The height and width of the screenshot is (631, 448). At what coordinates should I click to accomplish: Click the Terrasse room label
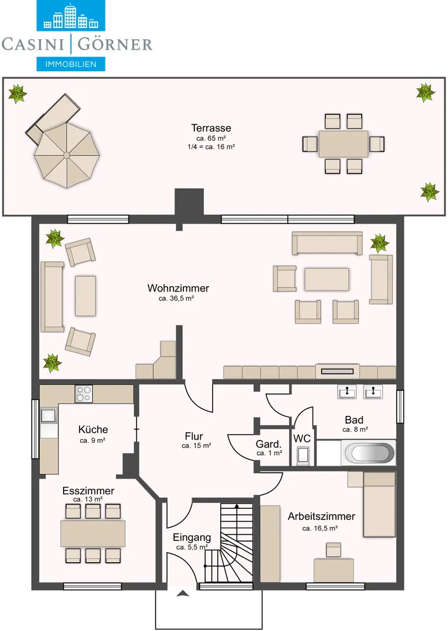click(211, 128)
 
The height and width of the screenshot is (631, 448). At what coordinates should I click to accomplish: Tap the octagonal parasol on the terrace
click(67, 155)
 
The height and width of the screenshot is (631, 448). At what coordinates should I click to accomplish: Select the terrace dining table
click(343, 144)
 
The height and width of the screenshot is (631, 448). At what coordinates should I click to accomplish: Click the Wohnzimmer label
click(178, 288)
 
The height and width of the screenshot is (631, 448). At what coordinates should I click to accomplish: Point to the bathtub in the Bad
click(368, 453)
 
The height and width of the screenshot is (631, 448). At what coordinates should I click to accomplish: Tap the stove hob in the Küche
click(84, 394)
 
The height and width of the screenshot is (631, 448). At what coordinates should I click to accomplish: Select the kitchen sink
click(49, 415)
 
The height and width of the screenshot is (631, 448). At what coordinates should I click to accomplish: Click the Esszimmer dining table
click(93, 533)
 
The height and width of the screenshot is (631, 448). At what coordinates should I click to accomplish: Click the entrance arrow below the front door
click(183, 593)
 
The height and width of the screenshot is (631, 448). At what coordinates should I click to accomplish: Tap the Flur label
click(194, 436)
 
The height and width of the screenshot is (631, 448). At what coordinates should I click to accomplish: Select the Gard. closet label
click(269, 444)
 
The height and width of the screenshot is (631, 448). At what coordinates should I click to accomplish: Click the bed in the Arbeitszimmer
click(379, 505)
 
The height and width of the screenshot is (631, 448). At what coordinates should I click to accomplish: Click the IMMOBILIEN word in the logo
click(71, 64)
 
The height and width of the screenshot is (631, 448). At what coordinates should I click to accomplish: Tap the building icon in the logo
click(71, 16)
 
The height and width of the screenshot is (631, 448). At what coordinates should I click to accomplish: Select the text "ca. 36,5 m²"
click(176, 299)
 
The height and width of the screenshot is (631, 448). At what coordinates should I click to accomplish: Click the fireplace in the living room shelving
click(338, 371)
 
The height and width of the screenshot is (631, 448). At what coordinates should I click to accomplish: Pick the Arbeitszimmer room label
click(321, 516)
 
